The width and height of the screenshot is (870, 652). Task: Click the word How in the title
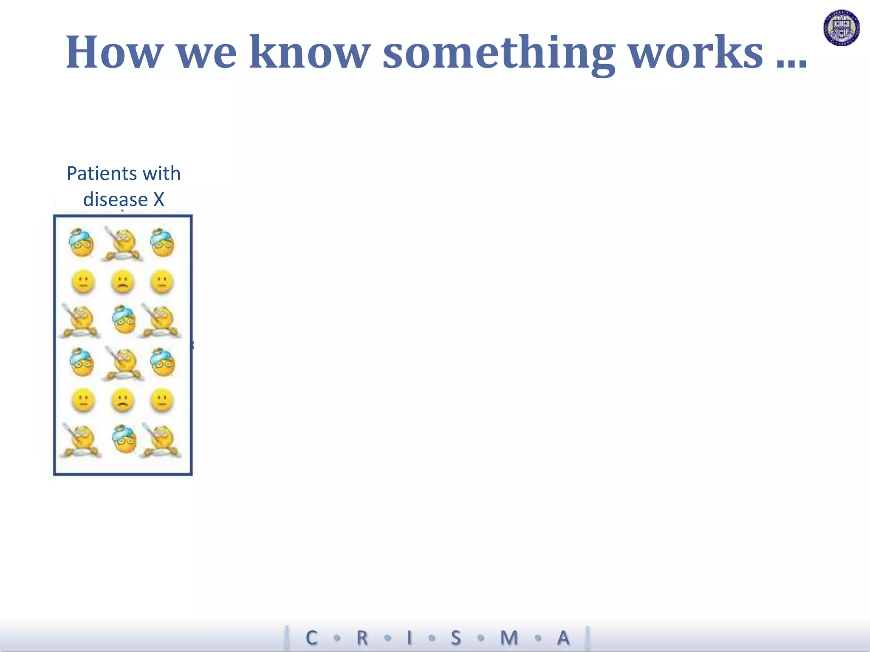[115, 53]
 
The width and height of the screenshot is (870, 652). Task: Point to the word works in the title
[695, 53]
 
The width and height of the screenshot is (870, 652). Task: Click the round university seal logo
[842, 28]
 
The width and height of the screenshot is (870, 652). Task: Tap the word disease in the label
[115, 200]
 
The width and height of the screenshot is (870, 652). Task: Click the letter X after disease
[158, 200]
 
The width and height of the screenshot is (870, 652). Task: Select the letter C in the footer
[311, 638]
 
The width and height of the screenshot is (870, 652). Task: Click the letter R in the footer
[362, 638]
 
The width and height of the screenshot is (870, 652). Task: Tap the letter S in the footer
[456, 638]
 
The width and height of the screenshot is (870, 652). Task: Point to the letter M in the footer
[509, 638]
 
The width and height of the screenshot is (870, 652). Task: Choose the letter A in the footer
[563, 638]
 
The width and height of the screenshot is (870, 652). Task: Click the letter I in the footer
[410, 638]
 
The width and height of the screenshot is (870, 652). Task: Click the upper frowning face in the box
[122, 282]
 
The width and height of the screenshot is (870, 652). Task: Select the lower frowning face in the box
[122, 401]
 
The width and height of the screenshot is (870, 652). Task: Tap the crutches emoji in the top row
[122, 244]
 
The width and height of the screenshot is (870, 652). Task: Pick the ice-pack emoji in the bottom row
[124, 439]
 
